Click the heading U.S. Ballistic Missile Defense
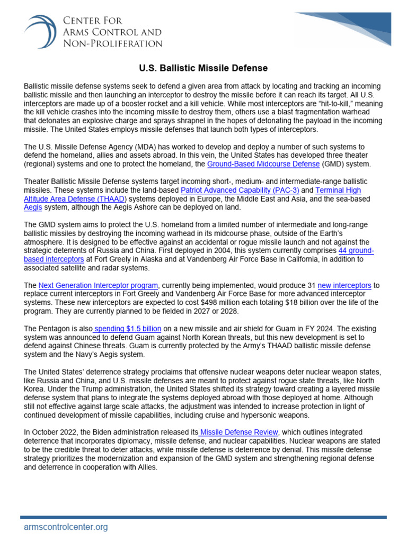[x=203, y=68]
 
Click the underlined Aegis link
[x=33, y=207]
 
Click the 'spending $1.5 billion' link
[x=127, y=328]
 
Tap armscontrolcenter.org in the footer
[x=66, y=527]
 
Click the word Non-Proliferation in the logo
[x=112, y=43]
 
